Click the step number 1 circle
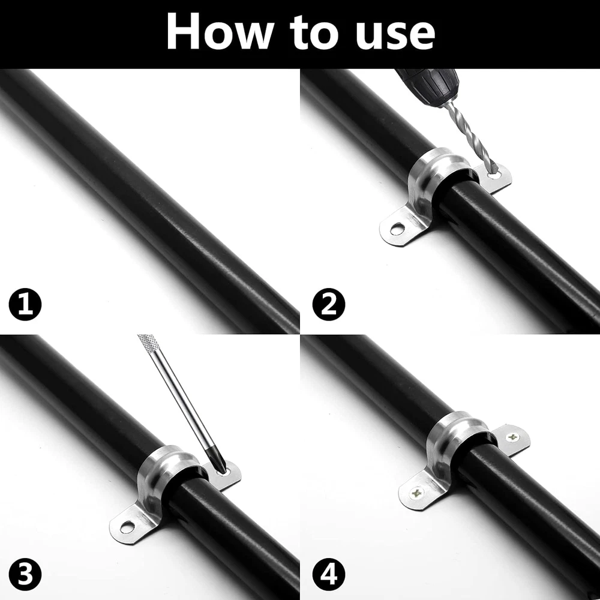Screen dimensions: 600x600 click(25, 304)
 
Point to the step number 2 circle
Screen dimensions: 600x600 click(329, 304)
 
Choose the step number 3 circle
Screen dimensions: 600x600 click(25, 574)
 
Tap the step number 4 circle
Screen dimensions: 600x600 click(329, 574)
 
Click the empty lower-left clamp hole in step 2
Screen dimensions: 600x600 click(397, 229)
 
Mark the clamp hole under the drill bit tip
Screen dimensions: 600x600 click(494, 175)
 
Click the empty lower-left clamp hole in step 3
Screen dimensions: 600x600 click(127, 527)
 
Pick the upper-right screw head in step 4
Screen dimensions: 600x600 click(512, 437)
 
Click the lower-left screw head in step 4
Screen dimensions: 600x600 click(417, 493)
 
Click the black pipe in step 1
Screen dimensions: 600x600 click(149, 199)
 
